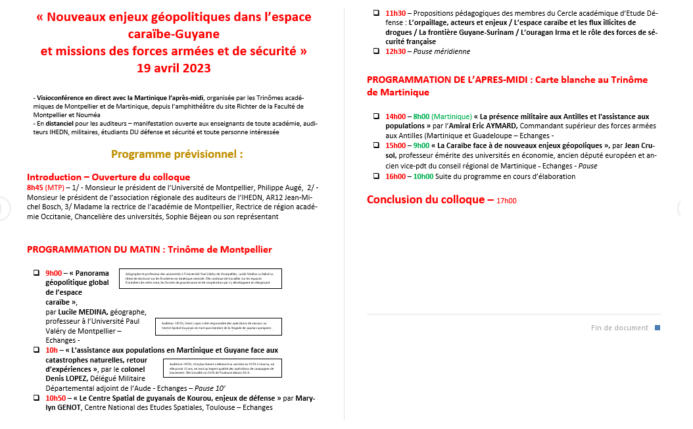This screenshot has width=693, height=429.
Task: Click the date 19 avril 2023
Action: [x=174, y=67]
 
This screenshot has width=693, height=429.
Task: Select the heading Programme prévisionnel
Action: [x=177, y=154]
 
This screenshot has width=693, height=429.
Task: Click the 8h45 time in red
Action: [x=35, y=187]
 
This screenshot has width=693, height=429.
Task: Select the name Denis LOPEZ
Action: [x=68, y=378]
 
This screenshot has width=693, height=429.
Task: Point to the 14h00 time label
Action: [x=396, y=116]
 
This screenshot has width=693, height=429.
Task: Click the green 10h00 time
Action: [x=423, y=176]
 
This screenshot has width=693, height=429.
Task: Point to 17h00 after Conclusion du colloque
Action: [x=506, y=201]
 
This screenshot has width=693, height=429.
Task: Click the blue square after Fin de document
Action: [x=657, y=327]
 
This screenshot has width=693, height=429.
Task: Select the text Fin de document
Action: [x=619, y=328]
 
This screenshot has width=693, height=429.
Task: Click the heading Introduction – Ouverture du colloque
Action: [x=108, y=177]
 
